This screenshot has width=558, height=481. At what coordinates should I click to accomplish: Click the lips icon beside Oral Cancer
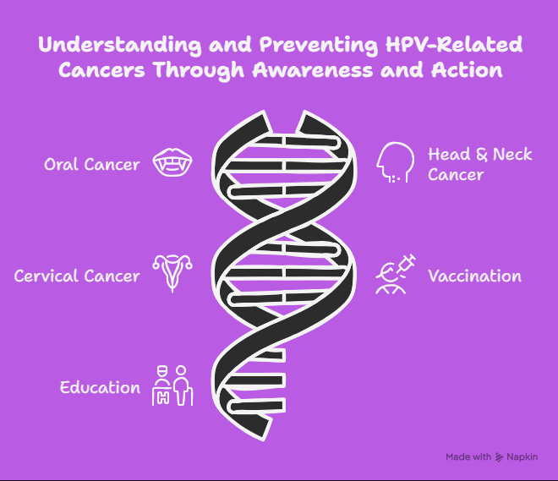tap(172, 162)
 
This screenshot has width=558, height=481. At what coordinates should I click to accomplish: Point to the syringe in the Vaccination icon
tap(407, 264)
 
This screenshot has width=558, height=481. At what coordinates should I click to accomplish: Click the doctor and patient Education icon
tap(172, 385)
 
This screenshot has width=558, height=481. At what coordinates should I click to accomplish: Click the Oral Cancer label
tap(92, 164)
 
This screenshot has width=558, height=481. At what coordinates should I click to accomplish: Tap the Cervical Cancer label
tap(77, 276)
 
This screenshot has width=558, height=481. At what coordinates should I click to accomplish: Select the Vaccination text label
tap(475, 276)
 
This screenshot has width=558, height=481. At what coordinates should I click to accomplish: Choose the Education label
tap(100, 387)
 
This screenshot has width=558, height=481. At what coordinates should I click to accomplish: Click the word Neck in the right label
tap(512, 155)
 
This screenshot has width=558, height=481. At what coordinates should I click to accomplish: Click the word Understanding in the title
tap(120, 45)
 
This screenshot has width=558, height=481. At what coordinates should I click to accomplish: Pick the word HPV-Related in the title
tap(454, 45)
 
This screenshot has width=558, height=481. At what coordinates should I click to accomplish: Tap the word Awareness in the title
tap(313, 70)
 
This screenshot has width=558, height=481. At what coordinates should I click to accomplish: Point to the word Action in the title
tap(467, 70)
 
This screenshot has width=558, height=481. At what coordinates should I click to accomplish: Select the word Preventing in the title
tap(319, 45)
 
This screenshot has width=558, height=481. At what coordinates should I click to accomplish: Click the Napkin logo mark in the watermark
tap(500, 457)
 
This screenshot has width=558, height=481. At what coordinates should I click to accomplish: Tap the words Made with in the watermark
tap(468, 456)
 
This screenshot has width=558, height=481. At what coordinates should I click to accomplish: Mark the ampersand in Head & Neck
tap(482, 155)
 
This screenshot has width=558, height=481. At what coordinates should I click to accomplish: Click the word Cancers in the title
tap(101, 70)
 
